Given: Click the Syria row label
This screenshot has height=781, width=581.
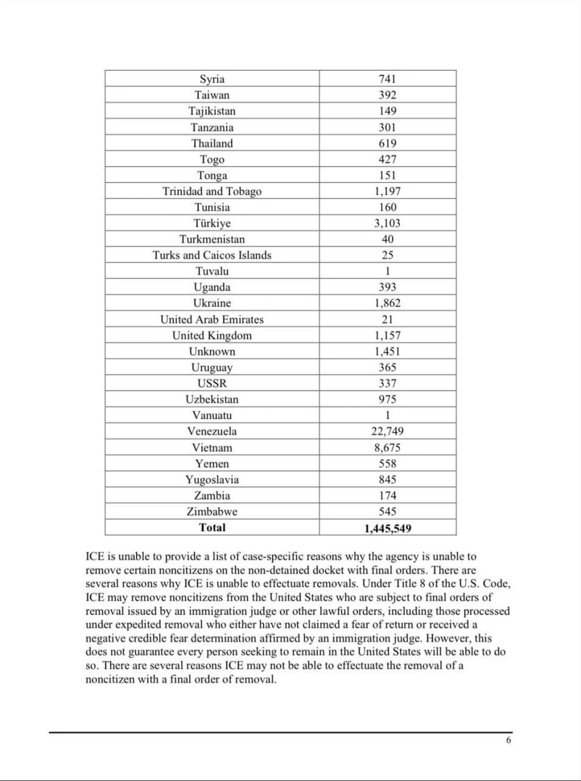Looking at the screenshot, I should click(x=212, y=79).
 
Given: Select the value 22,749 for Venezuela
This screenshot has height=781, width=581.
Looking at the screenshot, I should click(x=387, y=431).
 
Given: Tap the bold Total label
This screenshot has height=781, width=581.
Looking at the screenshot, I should click(x=212, y=528).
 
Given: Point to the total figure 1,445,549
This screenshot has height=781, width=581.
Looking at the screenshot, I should click(x=387, y=528).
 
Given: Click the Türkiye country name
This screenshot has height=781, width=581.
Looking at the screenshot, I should click(x=212, y=223).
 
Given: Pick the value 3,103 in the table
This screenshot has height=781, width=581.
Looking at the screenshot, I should click(x=387, y=223).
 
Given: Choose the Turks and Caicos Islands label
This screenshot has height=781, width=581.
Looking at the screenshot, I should click(x=212, y=255).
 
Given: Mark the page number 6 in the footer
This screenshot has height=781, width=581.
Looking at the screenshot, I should click(x=508, y=741).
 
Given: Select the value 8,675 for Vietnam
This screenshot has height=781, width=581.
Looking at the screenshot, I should click(x=387, y=448).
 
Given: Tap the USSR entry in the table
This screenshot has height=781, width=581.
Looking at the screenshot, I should click(x=212, y=384).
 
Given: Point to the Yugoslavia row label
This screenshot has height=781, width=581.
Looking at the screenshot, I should click(x=212, y=480).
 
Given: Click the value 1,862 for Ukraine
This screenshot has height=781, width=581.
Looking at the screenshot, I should click(x=387, y=303).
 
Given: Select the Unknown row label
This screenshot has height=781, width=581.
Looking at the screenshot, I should click(x=212, y=351).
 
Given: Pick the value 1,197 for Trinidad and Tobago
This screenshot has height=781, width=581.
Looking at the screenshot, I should click(x=387, y=192).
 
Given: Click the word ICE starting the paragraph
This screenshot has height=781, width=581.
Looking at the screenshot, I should click(x=95, y=556).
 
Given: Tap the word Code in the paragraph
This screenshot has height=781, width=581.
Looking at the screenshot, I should click(x=495, y=584).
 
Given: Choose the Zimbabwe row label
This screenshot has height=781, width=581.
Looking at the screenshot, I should click(x=212, y=512).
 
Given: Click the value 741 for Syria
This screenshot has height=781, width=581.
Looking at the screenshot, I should click(x=387, y=79).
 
